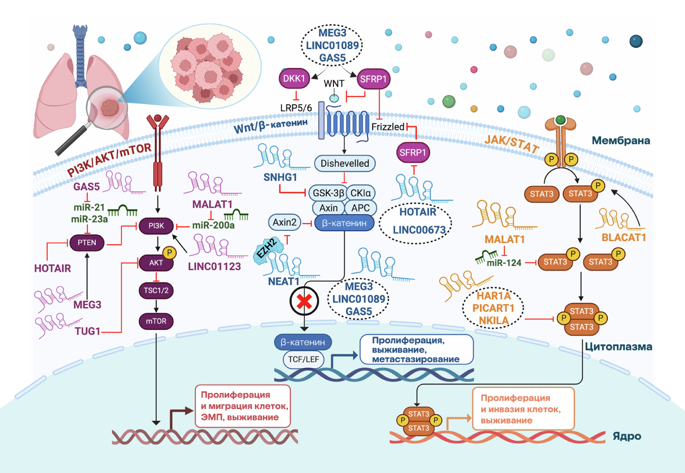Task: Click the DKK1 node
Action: click(294, 78)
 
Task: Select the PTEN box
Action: click(87, 243)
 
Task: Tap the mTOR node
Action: click(156, 321)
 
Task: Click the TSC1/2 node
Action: click(156, 290)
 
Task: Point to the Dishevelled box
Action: click(345, 163)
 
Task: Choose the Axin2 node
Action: click(284, 222)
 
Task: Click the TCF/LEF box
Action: click(304, 360)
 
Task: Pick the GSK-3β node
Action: click(328, 193)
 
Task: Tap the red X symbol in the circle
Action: click(304, 301)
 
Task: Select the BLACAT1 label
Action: click(624, 237)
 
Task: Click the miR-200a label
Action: click(213, 226)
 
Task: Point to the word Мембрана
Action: click(621, 141)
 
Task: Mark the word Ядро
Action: click(627, 436)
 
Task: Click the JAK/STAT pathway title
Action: click(511, 143)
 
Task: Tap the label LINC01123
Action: click(214, 267)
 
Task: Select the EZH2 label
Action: click(267, 249)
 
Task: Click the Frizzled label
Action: click(388, 127)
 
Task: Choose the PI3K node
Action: click(156, 226)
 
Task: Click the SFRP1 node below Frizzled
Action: click(412, 152)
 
